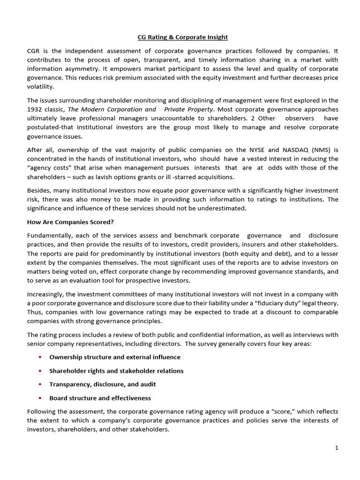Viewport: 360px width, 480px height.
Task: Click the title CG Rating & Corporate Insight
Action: pyautogui.click(x=180, y=37)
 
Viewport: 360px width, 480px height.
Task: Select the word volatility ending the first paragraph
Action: pyautogui.click(x=41, y=87)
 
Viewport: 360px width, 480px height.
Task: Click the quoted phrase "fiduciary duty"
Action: pyautogui.click(x=274, y=303)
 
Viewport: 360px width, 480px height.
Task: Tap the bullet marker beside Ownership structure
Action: pyautogui.click(x=40, y=357)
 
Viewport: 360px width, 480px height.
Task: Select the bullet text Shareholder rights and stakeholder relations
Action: pyautogui.click(x=116, y=371)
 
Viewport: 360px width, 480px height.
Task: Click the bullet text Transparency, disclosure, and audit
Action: pyautogui.click(x=103, y=384)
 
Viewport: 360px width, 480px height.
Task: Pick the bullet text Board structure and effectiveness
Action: pyautogui.click(x=100, y=398)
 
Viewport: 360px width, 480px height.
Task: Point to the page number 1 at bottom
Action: pyautogui.click(x=336, y=448)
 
